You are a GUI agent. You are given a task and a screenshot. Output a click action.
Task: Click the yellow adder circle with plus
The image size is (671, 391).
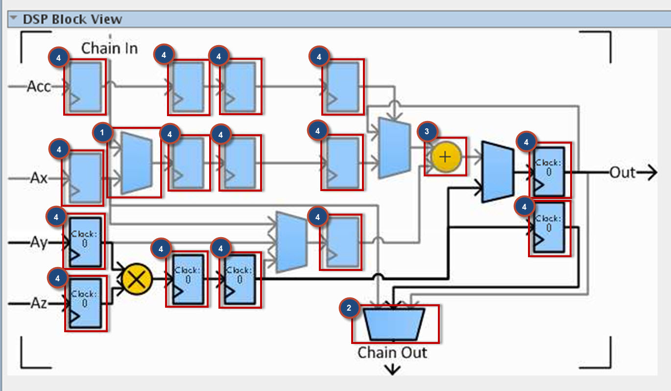[x=446, y=157]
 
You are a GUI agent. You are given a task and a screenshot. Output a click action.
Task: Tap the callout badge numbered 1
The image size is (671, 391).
[x=102, y=132]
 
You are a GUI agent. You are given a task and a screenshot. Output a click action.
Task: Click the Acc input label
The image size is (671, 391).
[x=39, y=87]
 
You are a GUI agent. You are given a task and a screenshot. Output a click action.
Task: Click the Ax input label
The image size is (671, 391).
[x=39, y=177]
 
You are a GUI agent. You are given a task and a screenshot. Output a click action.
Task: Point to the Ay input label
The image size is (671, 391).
[x=39, y=242]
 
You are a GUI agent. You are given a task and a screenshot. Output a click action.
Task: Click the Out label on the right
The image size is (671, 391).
[x=622, y=172]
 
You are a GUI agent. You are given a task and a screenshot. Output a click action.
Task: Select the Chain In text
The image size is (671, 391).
[x=109, y=48]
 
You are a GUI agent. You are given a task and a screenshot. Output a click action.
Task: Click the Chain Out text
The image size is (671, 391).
[x=392, y=352]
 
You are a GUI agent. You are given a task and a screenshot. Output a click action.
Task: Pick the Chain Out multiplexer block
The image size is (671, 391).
[x=394, y=324]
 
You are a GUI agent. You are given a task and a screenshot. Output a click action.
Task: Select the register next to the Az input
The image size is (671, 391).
[x=86, y=304]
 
